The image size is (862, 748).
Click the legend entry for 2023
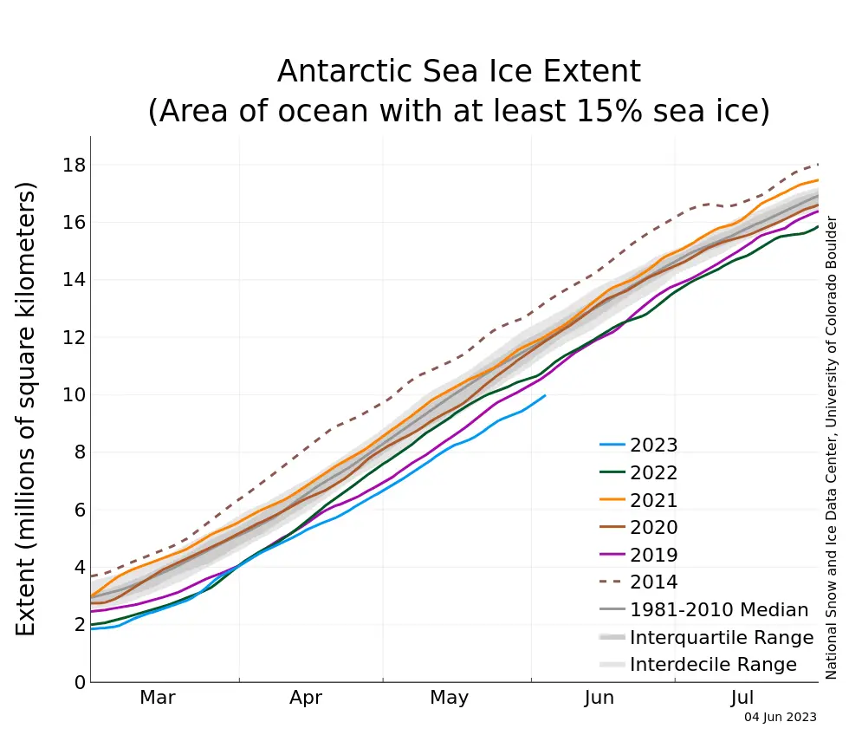653,446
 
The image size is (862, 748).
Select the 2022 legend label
653,473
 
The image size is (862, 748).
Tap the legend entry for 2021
653,500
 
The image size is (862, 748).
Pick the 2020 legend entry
653,527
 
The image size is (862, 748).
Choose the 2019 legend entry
653,555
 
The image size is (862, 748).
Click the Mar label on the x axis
158,698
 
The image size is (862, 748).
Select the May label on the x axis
449,698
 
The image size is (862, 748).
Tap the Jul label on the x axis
743,698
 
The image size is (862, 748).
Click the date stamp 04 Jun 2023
781,718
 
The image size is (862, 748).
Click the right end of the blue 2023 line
544,396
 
